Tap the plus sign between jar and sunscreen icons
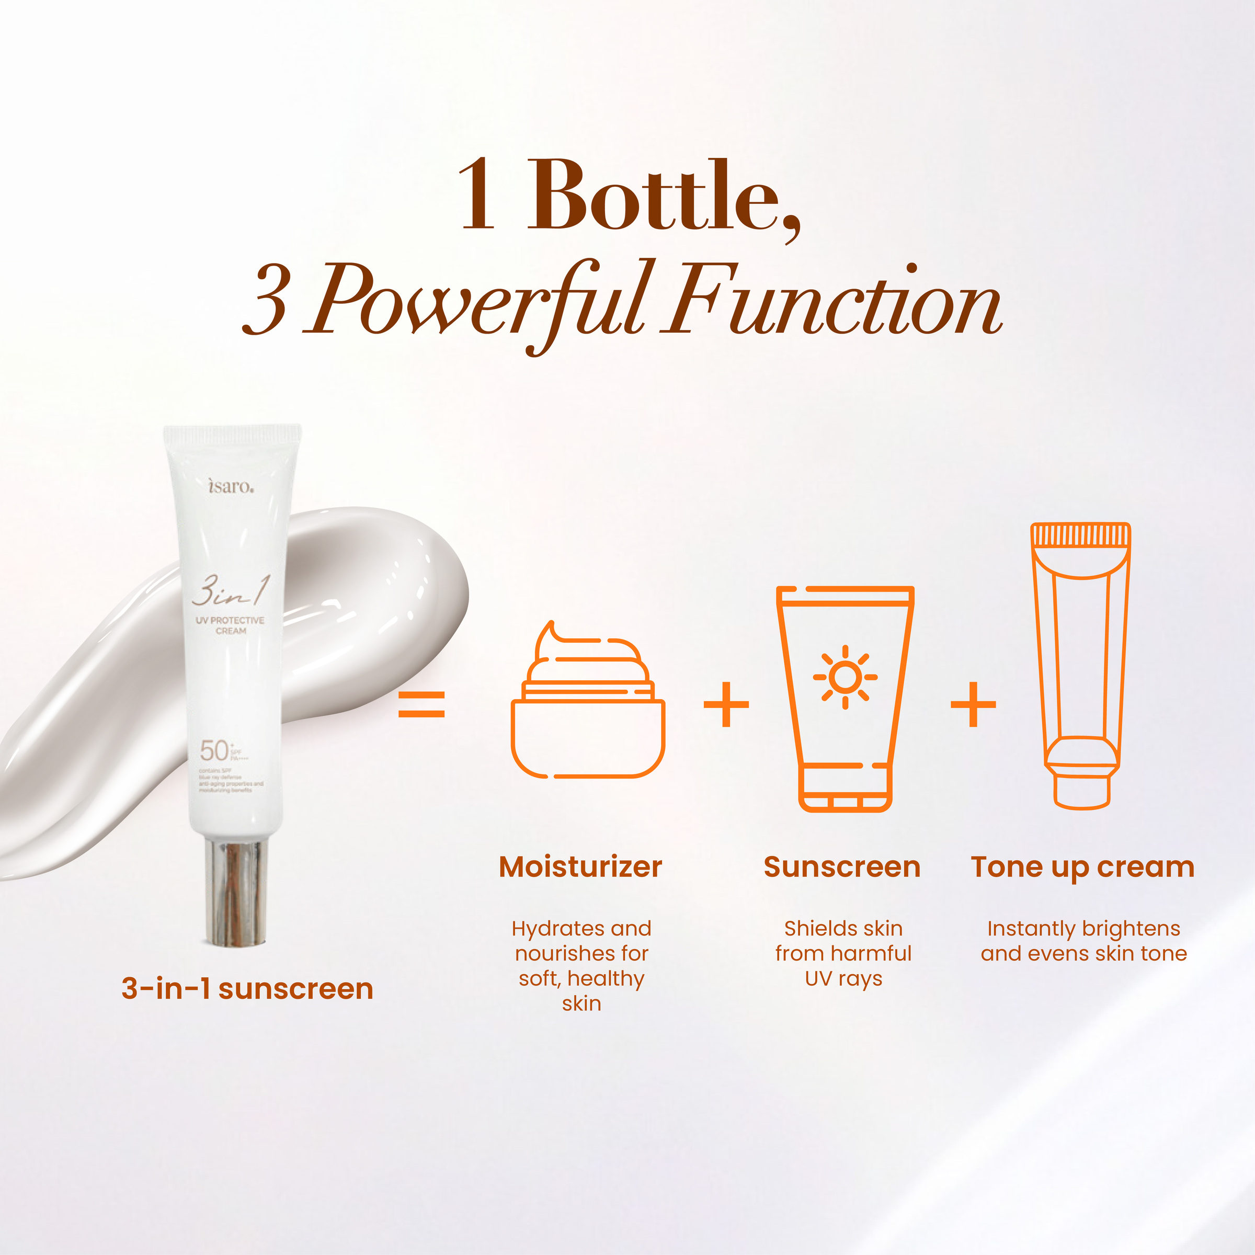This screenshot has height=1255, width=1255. (x=726, y=704)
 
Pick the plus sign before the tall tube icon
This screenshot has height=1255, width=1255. (x=973, y=704)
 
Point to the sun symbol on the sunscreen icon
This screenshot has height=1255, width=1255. (x=845, y=677)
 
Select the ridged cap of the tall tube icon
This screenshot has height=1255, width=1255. (x=1081, y=535)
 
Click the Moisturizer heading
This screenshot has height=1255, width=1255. (x=580, y=867)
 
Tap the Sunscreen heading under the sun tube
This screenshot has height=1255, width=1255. (x=842, y=867)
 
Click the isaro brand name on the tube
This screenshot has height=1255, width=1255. (x=231, y=486)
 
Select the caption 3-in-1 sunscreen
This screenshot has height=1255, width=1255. (x=247, y=989)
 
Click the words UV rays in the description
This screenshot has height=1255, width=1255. (x=843, y=978)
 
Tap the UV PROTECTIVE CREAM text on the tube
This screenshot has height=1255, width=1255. (x=230, y=625)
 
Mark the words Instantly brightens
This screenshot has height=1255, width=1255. (x=1083, y=928)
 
